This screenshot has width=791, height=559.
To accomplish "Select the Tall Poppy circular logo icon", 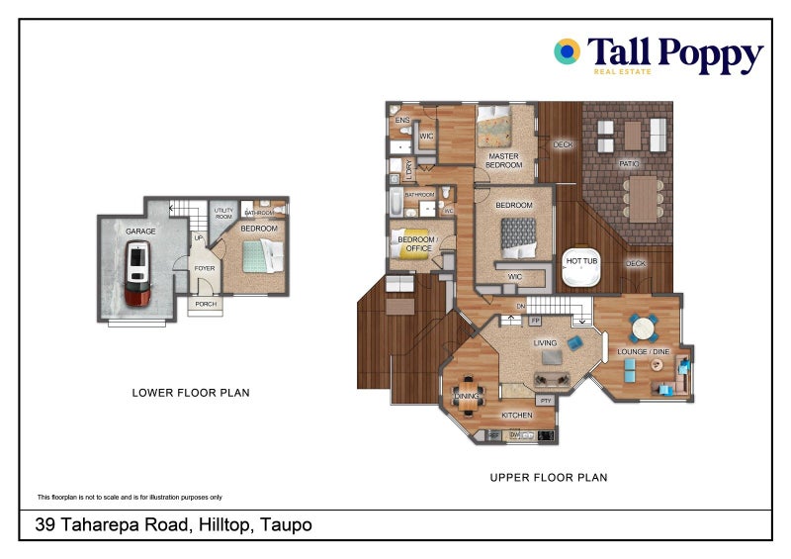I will pos(567,52).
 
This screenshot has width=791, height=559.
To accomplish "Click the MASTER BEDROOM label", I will pos(503,160).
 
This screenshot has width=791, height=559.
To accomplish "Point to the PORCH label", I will pos(206,304).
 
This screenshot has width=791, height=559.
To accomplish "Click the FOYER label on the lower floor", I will pos(205,268).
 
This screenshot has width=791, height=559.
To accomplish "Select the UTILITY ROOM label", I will pos(223,213).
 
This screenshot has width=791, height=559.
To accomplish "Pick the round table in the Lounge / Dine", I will pos(642,326).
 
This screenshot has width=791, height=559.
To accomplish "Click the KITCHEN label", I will pos(516,415).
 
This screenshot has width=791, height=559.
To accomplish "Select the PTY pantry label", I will pos(545,400).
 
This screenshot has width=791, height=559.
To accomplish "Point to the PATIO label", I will pos(628,164).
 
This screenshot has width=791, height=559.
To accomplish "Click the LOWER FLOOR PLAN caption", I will pos(191,393).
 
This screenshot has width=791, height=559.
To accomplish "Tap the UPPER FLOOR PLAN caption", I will pos(549,478).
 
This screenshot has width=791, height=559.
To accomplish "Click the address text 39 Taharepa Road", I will pos(173,525).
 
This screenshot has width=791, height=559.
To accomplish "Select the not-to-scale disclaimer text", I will pos(130,497).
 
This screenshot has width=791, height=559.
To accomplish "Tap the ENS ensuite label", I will pos(401,121).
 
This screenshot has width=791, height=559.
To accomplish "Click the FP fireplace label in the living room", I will pos(535,322).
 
